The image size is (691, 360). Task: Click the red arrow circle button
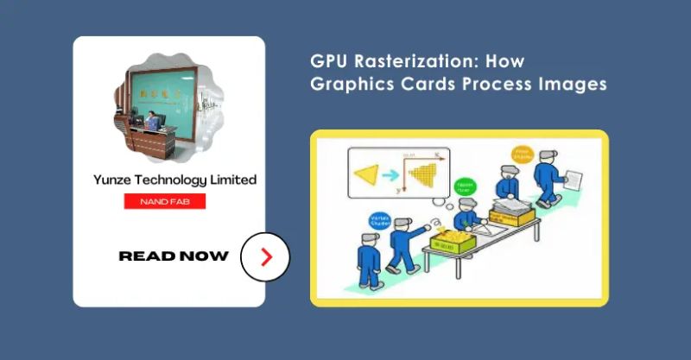coord(265,256)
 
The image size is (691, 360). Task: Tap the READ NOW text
coord(174,256)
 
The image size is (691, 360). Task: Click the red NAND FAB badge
coord(164,202)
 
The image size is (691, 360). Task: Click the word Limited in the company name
coord(231,180)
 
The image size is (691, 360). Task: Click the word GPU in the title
coord(330,62)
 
